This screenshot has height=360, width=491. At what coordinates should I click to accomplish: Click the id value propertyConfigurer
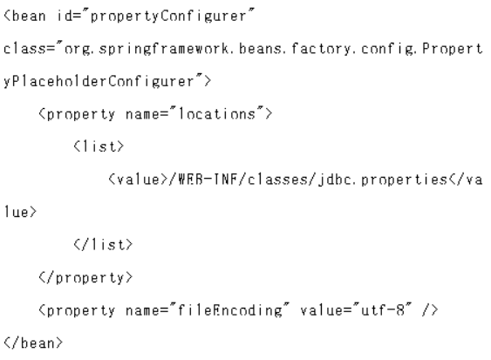(x=168, y=17)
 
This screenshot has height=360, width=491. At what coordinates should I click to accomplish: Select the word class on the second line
(x=23, y=49)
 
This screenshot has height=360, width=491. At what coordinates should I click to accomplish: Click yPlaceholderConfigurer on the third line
(x=99, y=82)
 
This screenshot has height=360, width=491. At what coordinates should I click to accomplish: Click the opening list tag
(x=99, y=146)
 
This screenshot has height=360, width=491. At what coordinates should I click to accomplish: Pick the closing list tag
(x=103, y=244)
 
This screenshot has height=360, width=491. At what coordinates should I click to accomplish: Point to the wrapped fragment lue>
(x=20, y=212)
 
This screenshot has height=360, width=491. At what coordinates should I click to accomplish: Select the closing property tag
(x=85, y=278)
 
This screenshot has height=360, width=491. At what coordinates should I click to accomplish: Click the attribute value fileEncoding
(x=230, y=311)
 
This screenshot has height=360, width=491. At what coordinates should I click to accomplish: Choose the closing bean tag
(x=33, y=343)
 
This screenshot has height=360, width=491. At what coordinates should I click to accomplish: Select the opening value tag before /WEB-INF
(x=138, y=180)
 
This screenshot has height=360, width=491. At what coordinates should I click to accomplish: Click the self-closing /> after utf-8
(x=430, y=310)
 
